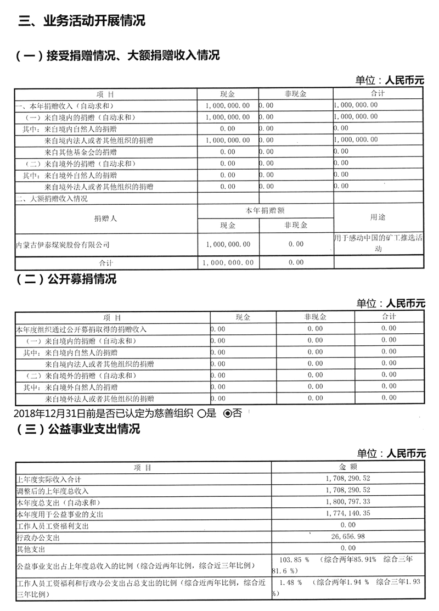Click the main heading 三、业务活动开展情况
(82, 21)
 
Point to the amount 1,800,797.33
(347, 502)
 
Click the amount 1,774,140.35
(347, 514)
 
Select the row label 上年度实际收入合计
(49, 479)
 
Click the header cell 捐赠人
(105, 218)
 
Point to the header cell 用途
(378, 217)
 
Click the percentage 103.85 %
(294, 559)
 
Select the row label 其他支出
(31, 548)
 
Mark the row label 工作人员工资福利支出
(53, 525)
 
